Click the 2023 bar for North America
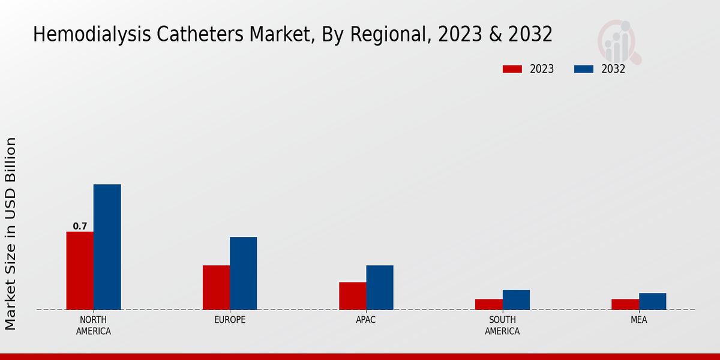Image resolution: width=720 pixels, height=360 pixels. tap(80, 271)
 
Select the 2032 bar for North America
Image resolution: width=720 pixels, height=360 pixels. tap(107, 247)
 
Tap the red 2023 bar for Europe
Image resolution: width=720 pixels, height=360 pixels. tap(216, 287)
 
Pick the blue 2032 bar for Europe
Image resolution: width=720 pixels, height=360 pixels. tap(243, 273)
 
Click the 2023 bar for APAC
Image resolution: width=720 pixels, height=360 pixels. tap(352, 296)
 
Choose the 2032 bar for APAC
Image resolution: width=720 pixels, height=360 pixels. tap(380, 287)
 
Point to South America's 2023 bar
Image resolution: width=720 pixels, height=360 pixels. tap(488, 304)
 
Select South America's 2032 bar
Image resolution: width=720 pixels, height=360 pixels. tap(516, 299)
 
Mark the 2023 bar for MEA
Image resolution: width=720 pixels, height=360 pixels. tap(625, 304)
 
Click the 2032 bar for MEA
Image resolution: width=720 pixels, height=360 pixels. tap(652, 301)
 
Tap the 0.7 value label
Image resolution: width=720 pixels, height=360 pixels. tap(80, 226)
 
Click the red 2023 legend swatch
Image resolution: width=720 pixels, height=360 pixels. tap(512, 69)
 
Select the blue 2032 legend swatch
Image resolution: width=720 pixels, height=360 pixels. tap(583, 69)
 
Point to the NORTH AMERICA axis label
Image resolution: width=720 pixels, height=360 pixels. tap(94, 325)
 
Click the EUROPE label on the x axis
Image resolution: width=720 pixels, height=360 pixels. tap(230, 320)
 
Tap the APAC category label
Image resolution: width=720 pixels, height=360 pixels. tap(366, 320)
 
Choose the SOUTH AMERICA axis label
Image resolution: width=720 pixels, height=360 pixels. tap(502, 325)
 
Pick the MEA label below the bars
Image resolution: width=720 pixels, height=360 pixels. tap(638, 320)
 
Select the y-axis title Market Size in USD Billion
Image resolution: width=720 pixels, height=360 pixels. tap(11, 233)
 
